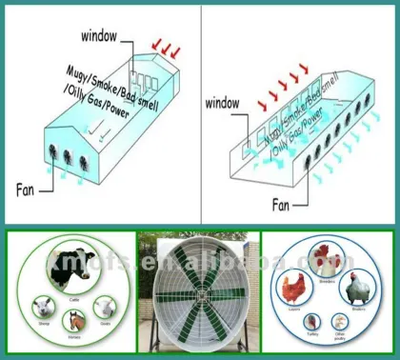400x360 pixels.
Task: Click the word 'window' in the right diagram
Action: click(x=225, y=101)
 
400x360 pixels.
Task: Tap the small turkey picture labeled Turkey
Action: click(x=310, y=323)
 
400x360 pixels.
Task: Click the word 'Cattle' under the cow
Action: click(x=74, y=297)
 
